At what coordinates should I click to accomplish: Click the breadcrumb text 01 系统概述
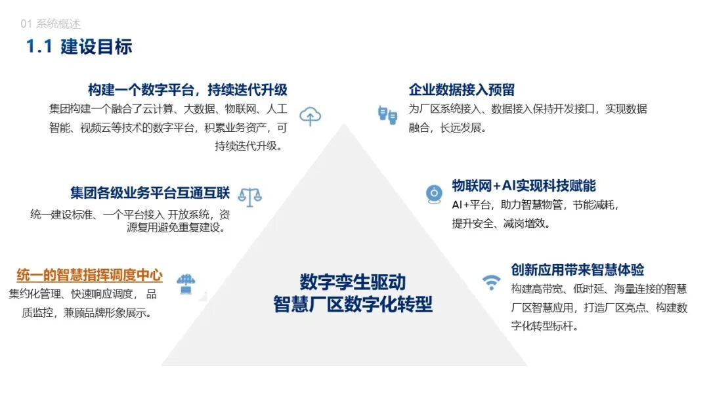tap(51, 24)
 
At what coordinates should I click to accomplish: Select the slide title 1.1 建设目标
tap(79, 47)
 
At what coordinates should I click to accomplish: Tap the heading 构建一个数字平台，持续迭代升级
tap(188, 90)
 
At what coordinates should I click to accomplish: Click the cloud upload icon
tap(310, 116)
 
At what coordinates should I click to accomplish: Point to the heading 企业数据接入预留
tap(462, 90)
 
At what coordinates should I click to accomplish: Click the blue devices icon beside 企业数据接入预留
tap(387, 115)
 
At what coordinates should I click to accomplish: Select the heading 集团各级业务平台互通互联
tap(150, 193)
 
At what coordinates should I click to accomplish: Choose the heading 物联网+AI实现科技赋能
tap(524, 186)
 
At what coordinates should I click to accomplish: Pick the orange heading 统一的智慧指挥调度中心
tap(89, 276)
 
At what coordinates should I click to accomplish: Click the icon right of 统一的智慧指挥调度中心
tap(186, 283)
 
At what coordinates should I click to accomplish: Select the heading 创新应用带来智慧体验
tap(578, 269)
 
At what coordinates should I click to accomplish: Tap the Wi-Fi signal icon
tap(490, 282)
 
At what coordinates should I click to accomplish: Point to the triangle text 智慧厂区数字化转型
tap(353, 304)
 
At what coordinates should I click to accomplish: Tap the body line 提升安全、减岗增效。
tap(501, 223)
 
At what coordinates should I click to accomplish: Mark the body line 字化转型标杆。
tap(544, 326)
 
